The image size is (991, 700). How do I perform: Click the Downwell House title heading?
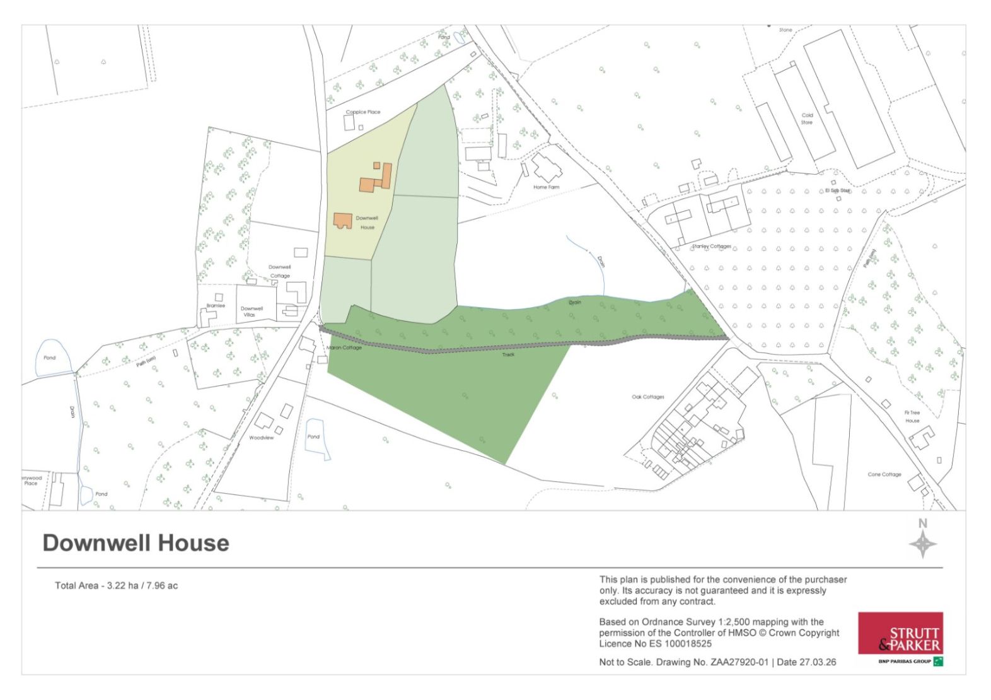[136, 543]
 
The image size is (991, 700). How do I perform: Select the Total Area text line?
[116, 586]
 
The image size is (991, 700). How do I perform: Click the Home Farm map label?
[546, 187]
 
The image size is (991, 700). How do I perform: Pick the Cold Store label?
[807, 119]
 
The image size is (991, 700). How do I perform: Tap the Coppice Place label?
[363, 112]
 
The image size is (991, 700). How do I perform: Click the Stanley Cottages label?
[712, 247]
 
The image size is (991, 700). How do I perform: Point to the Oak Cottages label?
[648, 397]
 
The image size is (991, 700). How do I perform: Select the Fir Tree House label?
[912, 416]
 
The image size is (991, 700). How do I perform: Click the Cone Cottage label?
[884, 474]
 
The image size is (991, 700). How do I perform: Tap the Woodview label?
[262, 438]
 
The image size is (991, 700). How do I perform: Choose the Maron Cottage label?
[344, 348]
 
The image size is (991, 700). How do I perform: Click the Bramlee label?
[216, 306]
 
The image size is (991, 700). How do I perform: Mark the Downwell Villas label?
[252, 312]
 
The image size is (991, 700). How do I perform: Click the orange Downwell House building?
[342, 220]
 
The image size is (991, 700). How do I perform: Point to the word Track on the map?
[508, 354]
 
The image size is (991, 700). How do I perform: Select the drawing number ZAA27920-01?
[738, 662]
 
